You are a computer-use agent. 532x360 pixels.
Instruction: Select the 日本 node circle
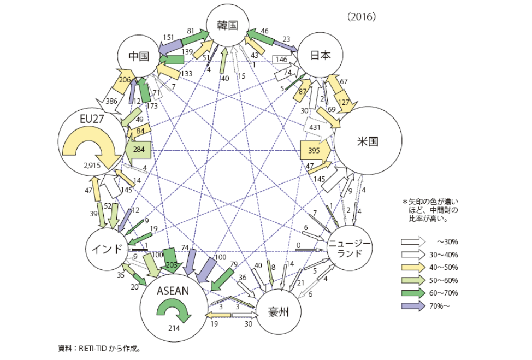321,55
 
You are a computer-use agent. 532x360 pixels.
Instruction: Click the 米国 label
368,141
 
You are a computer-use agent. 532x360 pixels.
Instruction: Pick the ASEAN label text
173,291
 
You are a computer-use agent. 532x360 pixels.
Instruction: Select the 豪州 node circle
277,312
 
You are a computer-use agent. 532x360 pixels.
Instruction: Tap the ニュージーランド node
350,249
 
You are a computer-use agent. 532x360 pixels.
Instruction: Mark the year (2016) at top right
361,17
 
